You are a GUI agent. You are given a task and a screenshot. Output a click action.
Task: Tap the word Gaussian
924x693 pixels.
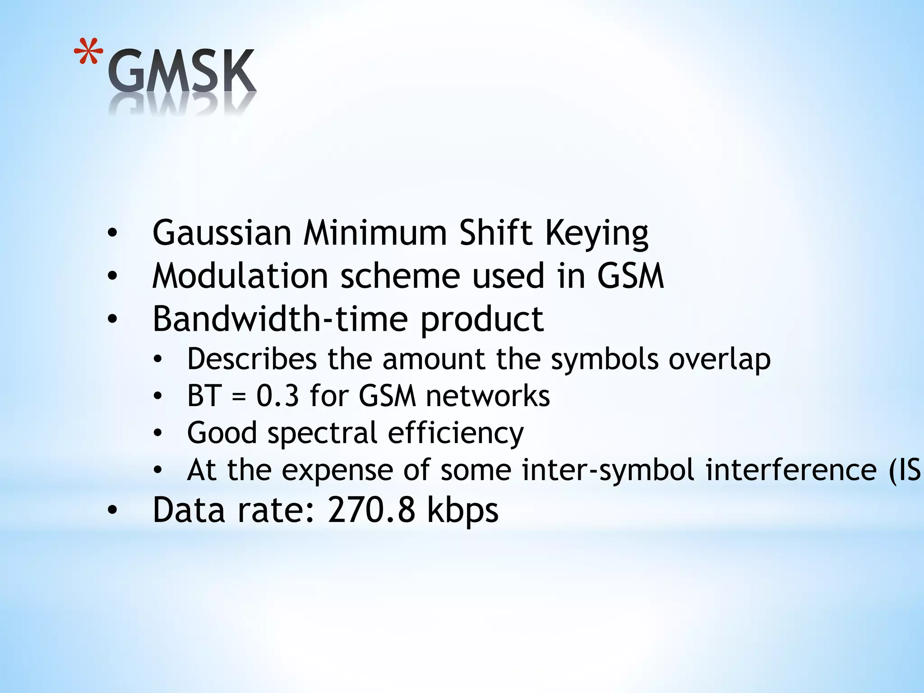pyautogui.click(x=222, y=233)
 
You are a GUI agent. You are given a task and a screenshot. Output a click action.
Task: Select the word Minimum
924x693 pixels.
pyautogui.click(x=375, y=233)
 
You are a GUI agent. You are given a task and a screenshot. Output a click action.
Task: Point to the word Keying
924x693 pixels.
pyautogui.click(x=596, y=234)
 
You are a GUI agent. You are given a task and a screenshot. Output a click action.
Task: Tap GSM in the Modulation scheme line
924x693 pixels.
pyautogui.click(x=631, y=276)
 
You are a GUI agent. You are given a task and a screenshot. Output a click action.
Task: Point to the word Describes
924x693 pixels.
pyautogui.click(x=252, y=359)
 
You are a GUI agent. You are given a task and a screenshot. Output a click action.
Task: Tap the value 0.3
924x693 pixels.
pyautogui.click(x=277, y=396)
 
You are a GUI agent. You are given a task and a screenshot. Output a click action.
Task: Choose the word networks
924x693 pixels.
pyautogui.click(x=488, y=396)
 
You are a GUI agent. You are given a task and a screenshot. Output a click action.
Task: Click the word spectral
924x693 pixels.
pyautogui.click(x=322, y=433)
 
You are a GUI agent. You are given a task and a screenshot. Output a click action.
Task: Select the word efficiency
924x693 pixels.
pyautogui.click(x=456, y=433)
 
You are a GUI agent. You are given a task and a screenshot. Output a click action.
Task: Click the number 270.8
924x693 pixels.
pyautogui.click(x=371, y=510)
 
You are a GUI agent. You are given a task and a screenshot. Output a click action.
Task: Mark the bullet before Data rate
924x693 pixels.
pyautogui.click(x=112, y=510)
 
